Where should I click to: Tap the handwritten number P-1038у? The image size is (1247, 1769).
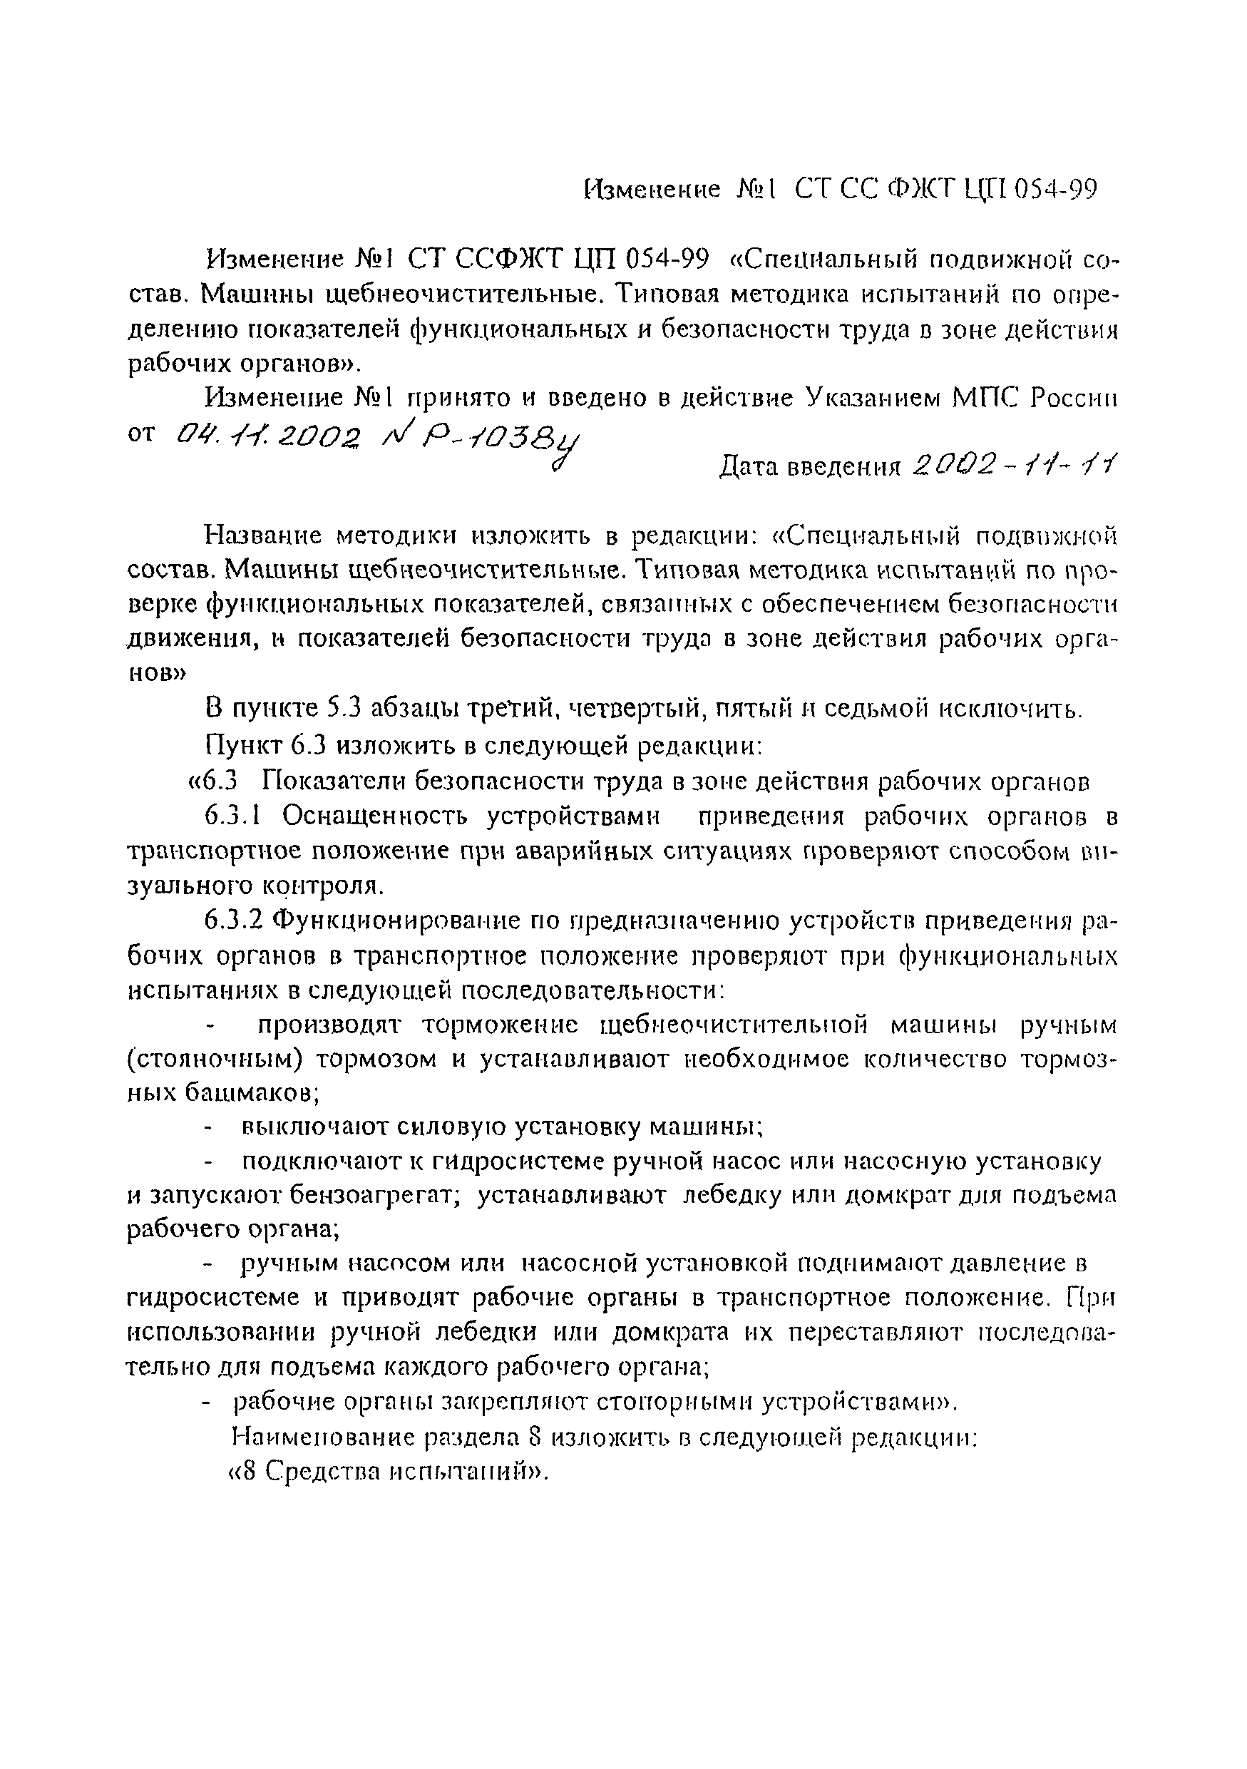point(481,440)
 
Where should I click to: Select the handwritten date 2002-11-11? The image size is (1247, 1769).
point(1015,466)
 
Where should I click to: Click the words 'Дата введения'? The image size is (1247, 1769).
point(809,467)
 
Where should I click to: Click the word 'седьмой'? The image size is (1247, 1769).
point(874,708)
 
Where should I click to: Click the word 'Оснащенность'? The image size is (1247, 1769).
point(374,816)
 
